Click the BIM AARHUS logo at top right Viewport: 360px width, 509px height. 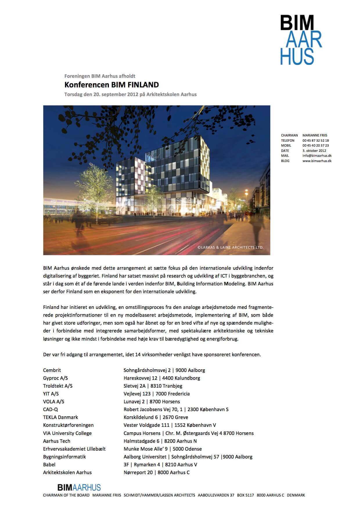301,40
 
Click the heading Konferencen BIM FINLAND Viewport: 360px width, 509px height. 111,85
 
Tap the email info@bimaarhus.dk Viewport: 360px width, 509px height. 317,156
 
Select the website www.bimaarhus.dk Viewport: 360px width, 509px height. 317,161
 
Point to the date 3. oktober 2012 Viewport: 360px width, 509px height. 314,151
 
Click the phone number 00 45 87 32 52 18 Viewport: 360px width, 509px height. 316,141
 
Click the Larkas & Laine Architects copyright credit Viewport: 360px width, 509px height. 230,247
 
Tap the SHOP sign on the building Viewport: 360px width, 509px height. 184,200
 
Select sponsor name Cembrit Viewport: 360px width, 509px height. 52,370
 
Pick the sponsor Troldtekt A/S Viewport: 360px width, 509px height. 58,386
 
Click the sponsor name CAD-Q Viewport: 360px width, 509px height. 51,409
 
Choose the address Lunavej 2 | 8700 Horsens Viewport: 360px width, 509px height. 152,402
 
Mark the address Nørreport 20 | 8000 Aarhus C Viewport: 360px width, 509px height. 156,472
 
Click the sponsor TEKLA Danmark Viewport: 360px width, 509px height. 60,417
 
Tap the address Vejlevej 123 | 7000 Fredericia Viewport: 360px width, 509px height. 156,394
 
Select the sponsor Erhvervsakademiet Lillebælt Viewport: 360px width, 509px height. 74,449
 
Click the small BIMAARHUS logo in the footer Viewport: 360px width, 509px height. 79,487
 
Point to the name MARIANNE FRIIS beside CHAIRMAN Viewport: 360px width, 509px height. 315,135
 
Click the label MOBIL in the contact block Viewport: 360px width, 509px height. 286,145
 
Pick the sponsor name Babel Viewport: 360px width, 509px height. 49,465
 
